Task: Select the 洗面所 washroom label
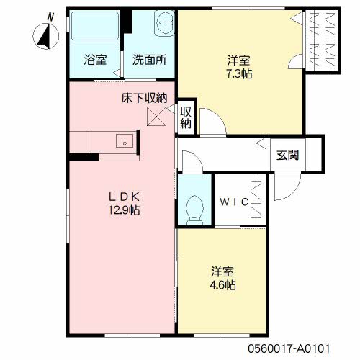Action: click(x=150, y=60)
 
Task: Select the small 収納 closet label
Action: click(x=186, y=117)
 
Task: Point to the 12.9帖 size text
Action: click(x=123, y=210)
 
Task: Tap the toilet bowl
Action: click(x=192, y=210)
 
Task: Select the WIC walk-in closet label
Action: click(x=235, y=202)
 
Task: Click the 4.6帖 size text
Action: click(x=223, y=285)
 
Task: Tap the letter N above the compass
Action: click(x=49, y=15)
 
